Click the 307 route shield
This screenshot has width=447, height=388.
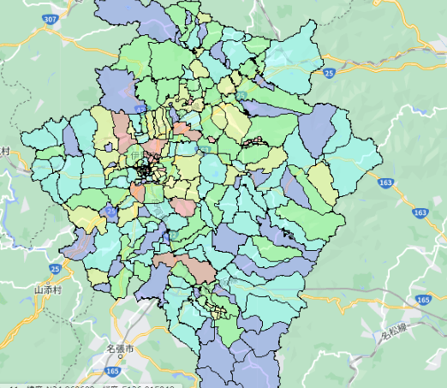coord(52,19)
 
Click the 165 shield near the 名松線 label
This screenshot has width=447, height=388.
coord(422,299)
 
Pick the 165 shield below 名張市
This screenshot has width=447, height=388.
coord(113,370)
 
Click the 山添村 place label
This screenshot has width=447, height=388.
coord(50,290)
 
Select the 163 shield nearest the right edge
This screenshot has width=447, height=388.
coord(420,212)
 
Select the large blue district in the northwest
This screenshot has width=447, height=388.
coord(116,87)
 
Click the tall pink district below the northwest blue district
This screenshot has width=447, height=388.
coord(122,130)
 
